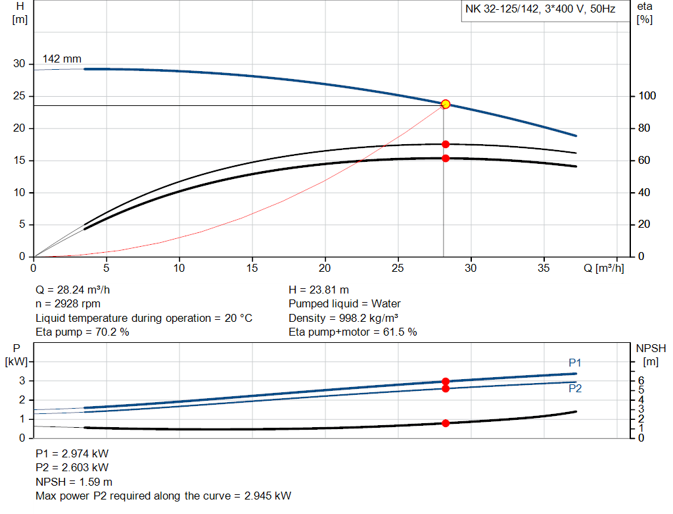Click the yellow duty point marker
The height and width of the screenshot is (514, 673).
coord(446,104)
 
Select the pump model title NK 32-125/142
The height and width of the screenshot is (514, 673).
coord(540,10)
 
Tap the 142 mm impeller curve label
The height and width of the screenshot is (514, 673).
coord(62,59)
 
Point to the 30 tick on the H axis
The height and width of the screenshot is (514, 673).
coord(19,64)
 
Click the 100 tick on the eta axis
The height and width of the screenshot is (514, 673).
coord(647,96)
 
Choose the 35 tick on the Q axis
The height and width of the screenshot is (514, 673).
coord(544,268)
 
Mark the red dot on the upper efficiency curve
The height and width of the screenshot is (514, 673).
coord(446,144)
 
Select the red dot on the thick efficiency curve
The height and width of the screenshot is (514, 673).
coord(446,158)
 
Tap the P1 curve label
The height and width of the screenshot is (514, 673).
coord(575,363)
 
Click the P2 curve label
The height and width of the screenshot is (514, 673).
coord(575,389)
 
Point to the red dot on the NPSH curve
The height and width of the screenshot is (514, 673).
coord(446,423)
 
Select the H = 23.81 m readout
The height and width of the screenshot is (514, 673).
coord(319,290)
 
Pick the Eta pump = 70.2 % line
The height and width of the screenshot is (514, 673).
coord(82,332)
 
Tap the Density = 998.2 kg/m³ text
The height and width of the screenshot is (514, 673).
coord(343,318)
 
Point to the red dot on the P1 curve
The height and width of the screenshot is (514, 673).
coord(446,382)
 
